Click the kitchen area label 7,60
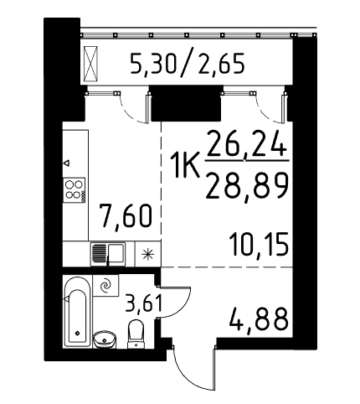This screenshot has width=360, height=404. tap(127, 215)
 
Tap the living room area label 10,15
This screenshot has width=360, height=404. tap(259, 245)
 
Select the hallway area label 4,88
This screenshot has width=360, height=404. tap(259, 319)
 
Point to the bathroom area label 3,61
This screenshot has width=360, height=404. tap(143, 303)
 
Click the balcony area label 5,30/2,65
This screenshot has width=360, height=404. tap(188, 64)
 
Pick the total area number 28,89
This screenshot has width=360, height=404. tap(247, 186)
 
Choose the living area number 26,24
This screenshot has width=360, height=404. tap(247, 146)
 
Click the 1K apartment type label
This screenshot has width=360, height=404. tap(186, 166)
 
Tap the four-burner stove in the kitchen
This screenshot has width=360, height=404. tap(74, 189)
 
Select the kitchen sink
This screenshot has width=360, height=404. tap(108, 254)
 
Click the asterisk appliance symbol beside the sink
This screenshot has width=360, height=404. tap(147, 254)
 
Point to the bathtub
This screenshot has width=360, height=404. tap(77, 312)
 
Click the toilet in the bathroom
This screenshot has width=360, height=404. tap(136, 334)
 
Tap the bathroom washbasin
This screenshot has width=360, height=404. tap(104, 339)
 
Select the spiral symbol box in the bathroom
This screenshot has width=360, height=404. tap(105, 285)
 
